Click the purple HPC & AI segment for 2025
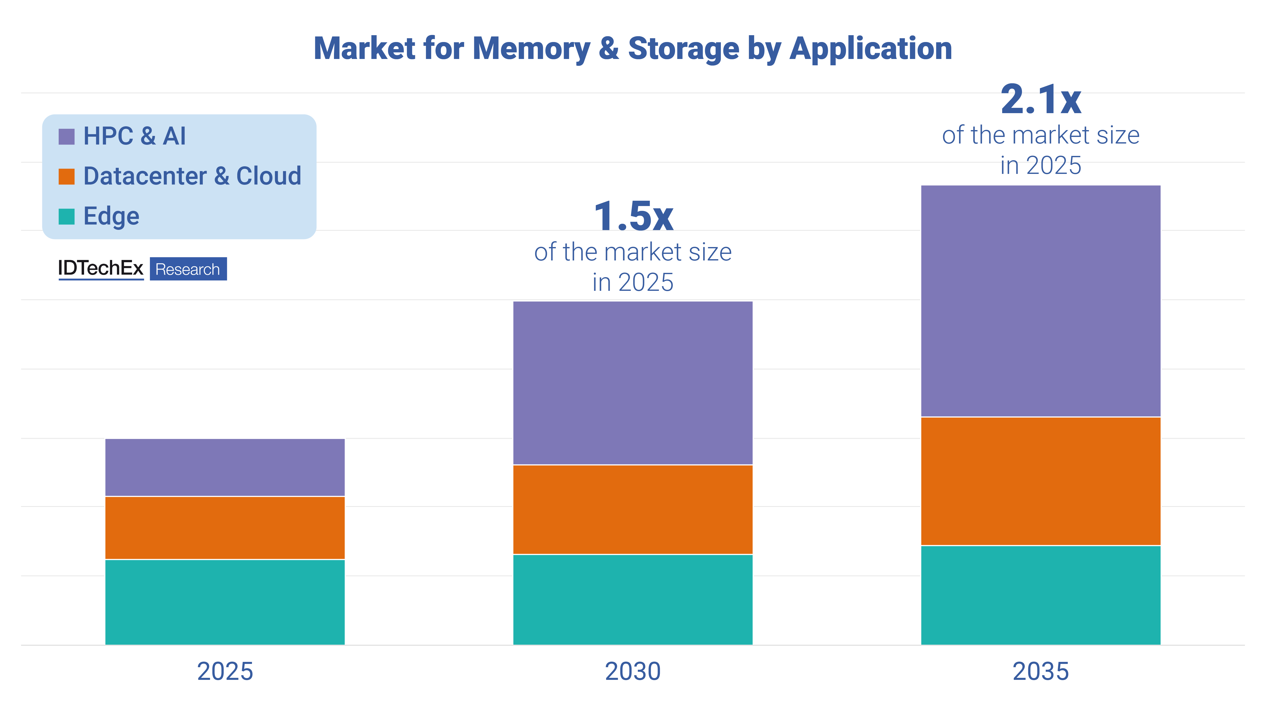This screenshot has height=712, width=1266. (225, 467)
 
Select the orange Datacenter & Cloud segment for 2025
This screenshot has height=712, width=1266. (225, 528)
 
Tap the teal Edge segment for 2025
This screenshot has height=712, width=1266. (225, 602)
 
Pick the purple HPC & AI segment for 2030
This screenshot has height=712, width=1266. (632, 383)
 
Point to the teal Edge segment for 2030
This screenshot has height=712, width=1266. (632, 599)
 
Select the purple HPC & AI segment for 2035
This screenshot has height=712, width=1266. (1040, 301)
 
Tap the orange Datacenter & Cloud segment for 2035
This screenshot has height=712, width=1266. (1040, 481)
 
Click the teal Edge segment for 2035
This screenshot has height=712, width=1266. (1040, 595)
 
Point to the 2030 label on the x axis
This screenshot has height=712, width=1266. (632, 671)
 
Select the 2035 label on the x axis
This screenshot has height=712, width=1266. (1040, 671)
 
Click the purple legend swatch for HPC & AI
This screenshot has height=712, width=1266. (66, 137)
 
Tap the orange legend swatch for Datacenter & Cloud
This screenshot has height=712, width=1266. (66, 176)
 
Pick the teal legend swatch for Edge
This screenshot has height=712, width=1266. (66, 216)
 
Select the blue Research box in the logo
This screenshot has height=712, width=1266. (188, 269)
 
